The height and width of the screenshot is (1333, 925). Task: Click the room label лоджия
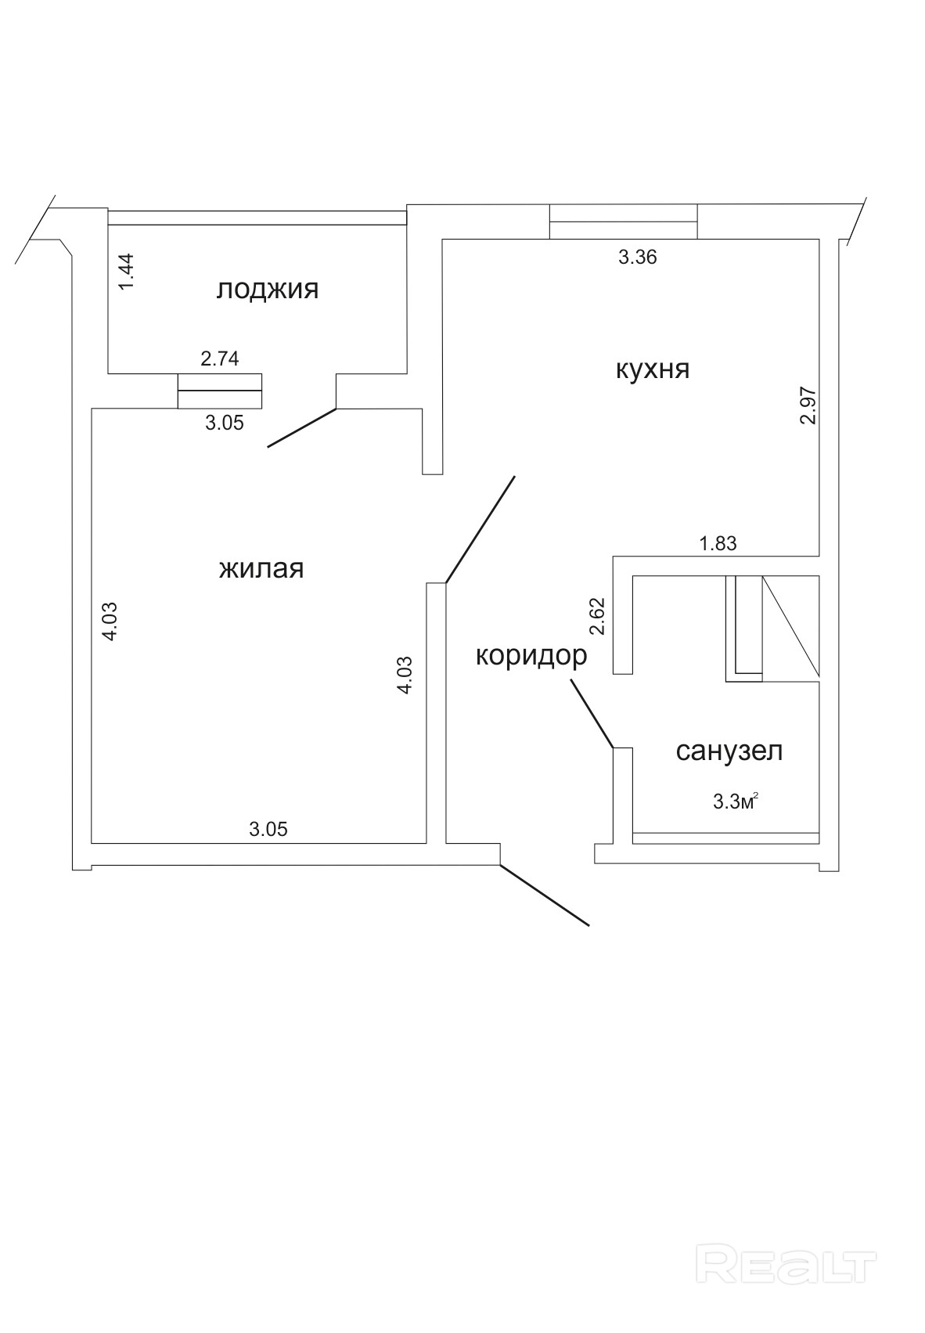click(x=268, y=290)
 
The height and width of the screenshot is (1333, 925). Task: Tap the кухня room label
click(x=653, y=369)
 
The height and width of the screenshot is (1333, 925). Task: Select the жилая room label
click(x=261, y=569)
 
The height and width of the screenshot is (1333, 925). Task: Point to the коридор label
click(x=531, y=655)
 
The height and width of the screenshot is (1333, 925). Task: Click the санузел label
click(x=729, y=751)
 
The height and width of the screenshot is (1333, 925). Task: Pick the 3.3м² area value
click(x=736, y=801)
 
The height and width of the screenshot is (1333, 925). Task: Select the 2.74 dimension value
click(x=220, y=359)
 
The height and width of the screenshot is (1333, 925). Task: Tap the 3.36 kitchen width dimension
click(x=637, y=258)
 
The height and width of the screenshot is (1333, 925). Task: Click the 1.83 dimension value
click(x=718, y=543)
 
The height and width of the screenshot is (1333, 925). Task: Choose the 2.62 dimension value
click(x=599, y=616)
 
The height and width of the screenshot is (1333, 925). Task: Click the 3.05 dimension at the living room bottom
click(x=268, y=829)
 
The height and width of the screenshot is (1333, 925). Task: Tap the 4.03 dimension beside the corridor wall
click(x=405, y=674)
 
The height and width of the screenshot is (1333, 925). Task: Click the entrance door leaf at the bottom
click(x=544, y=895)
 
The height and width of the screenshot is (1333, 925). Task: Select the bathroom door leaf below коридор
click(x=591, y=713)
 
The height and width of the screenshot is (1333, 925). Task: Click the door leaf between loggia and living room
click(x=302, y=428)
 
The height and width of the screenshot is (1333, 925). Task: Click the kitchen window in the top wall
click(x=623, y=222)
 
